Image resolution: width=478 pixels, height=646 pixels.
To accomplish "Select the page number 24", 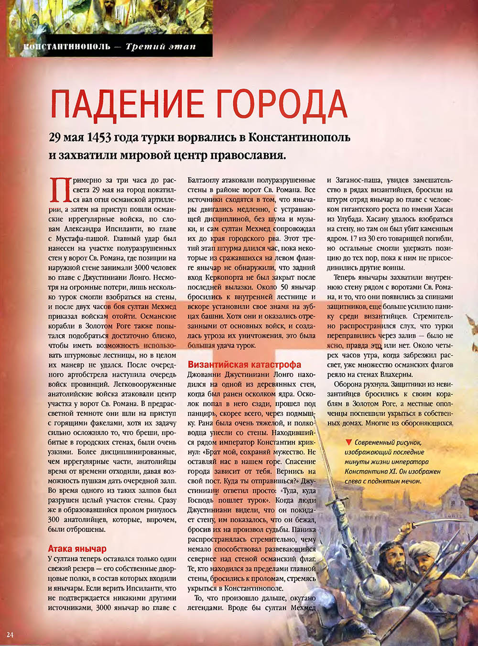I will tap(10, 634).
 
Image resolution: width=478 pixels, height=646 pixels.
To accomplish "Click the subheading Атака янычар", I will tap(77, 548).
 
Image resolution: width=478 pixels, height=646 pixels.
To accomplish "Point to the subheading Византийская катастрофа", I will tap(244, 364).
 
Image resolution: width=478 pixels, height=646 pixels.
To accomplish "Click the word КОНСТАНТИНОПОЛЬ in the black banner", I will tap(67, 47).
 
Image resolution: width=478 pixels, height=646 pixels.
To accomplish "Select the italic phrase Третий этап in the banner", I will tap(161, 47).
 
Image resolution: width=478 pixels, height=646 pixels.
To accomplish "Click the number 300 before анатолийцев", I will tap(54, 519).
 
